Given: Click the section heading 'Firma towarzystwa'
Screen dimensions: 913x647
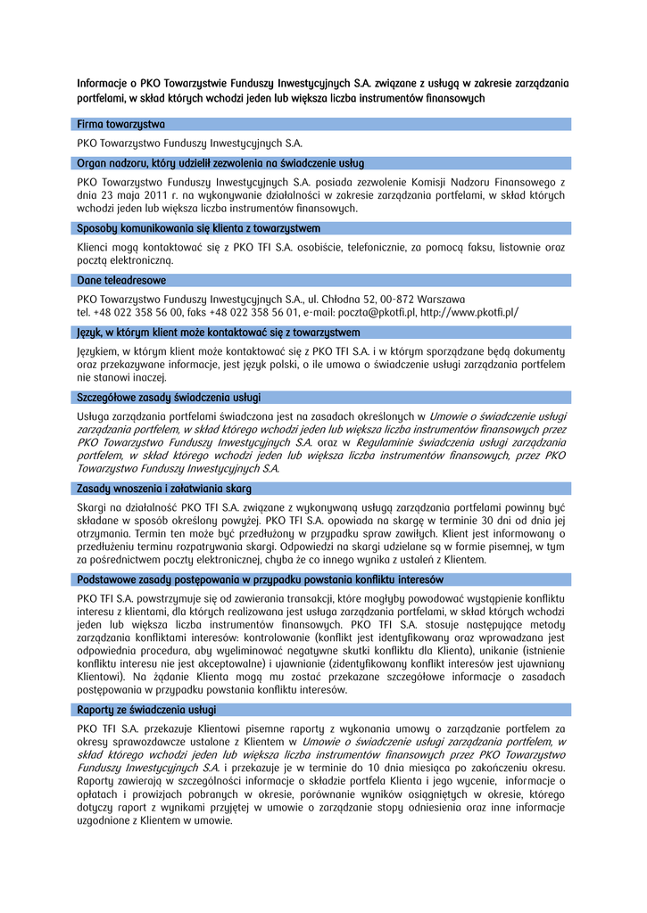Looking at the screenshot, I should (120, 124).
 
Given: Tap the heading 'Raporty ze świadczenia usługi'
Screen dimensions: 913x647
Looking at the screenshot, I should (146, 710).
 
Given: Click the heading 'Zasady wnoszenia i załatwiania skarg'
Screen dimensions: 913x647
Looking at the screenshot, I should (164, 489).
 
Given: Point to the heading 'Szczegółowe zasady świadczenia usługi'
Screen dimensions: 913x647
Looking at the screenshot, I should (170, 397).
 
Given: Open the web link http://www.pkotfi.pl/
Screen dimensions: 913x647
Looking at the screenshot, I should (469, 313).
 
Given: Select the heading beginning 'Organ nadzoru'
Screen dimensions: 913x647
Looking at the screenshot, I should (220, 162).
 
